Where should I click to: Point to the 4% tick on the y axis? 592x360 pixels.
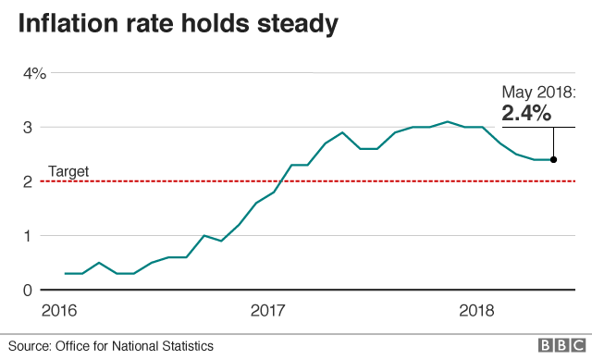[x=34, y=73]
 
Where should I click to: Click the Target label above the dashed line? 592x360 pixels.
[x=68, y=171]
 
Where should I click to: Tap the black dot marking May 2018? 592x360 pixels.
[x=553, y=159]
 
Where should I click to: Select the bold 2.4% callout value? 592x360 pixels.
[x=526, y=113]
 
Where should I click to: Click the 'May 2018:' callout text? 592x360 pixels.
[x=539, y=92]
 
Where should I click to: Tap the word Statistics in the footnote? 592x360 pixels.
[x=182, y=345]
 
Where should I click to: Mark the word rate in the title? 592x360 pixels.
[x=158, y=26]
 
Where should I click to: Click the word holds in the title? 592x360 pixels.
[x=215, y=26]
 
